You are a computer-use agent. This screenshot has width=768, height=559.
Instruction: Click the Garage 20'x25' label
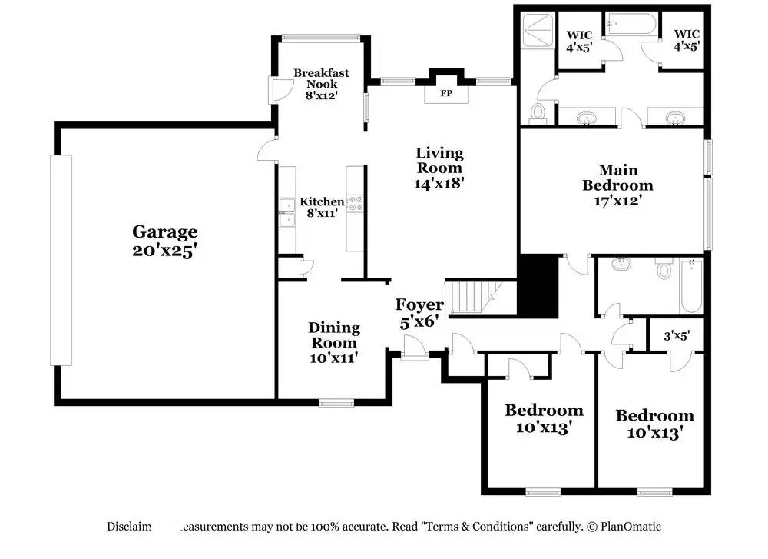pos(164,241)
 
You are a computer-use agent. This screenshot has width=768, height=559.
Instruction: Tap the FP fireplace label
pos(445,94)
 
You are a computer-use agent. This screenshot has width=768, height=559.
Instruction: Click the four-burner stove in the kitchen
pos(356,204)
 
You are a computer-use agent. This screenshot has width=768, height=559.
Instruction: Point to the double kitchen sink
pos(287,212)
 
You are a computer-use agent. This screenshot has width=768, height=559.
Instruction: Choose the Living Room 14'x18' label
pos(439,168)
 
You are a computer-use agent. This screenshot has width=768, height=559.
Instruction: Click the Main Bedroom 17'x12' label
pos(617,185)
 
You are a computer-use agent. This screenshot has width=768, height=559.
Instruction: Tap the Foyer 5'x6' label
pos(419,313)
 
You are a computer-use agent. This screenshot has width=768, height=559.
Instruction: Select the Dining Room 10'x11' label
pos(333,342)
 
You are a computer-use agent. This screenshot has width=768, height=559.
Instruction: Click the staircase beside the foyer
pos(471,298)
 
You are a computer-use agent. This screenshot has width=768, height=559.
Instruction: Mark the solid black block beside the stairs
pos(538,286)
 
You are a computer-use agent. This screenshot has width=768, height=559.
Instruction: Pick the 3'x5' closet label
pos(676,335)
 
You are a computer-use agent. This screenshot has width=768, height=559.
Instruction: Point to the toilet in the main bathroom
pos(538,112)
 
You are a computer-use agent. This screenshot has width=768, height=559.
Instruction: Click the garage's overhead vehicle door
pos(61,260)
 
